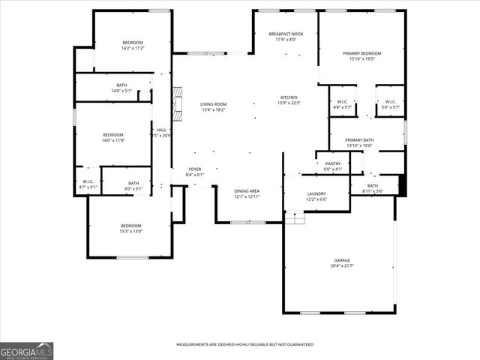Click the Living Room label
213,104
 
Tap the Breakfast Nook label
287,34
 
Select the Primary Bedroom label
362,53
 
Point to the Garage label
341,260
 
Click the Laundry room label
316,193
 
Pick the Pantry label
333,163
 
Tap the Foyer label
194,169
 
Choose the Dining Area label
247,191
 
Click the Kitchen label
289,97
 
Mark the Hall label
161,130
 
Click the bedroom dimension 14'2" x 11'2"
132,48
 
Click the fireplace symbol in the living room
177,103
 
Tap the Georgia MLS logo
27,350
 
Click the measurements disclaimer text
244,344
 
